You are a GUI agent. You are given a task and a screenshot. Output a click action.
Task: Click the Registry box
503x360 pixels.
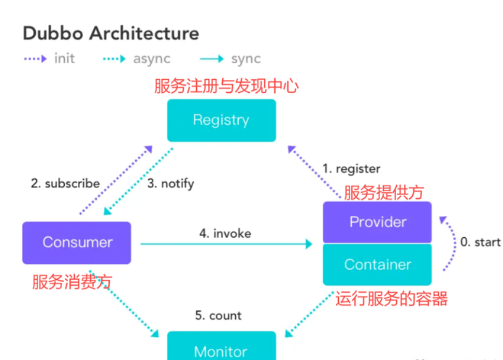coord(221,120)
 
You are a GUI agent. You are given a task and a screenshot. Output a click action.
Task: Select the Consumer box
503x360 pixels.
coord(77,243)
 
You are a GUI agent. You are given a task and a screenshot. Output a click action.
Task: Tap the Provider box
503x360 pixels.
coord(377,222)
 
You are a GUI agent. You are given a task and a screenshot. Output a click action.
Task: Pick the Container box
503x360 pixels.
coord(377,265)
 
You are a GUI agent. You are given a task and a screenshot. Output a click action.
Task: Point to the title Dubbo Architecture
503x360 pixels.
coord(111,34)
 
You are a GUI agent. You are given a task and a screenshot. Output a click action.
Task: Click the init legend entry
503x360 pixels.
coord(49,59)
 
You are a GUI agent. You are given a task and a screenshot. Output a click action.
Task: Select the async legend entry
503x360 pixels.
coord(137,59)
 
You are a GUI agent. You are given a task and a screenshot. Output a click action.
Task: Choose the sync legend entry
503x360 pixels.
coord(230,59)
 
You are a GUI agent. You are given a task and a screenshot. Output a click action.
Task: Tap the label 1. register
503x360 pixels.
coord(351,169)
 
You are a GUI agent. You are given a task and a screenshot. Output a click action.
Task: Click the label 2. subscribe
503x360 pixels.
coord(65,184)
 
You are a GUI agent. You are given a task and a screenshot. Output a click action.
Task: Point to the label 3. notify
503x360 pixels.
coord(171,184)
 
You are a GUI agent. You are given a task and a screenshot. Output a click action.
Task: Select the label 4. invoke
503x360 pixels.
coord(225,233)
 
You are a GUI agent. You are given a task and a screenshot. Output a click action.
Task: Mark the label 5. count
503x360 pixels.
coord(218,316)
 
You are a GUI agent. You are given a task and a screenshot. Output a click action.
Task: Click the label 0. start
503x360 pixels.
coord(480,242)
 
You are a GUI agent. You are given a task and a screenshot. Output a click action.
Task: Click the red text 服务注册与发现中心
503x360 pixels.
coord(226,86)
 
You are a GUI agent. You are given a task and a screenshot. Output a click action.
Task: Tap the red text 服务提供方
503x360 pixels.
coord(384,192)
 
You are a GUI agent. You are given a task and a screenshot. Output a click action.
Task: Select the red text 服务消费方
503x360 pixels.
coord(72,282)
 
